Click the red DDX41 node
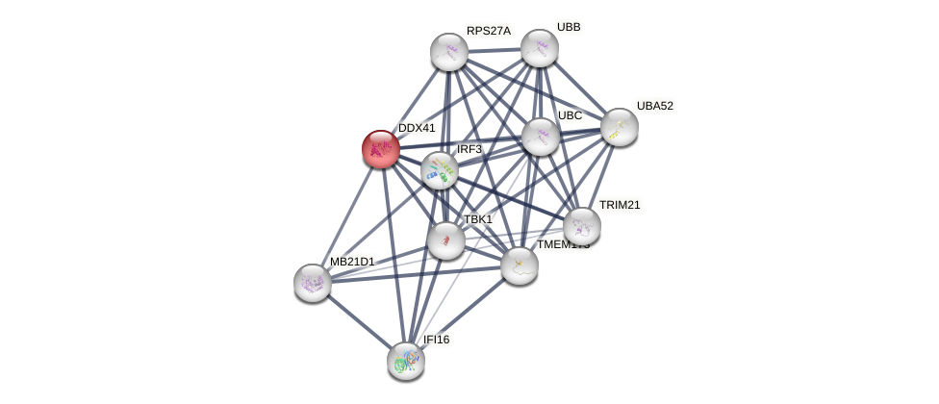click(x=381, y=149)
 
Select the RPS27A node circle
click(x=449, y=52)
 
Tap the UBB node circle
click(x=540, y=48)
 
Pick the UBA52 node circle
click(x=620, y=127)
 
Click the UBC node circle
click(x=541, y=137)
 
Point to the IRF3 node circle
click(x=440, y=170)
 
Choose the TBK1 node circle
click(x=446, y=240)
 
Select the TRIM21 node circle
click(x=582, y=226)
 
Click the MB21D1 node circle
click(x=313, y=283)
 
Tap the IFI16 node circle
click(x=406, y=361)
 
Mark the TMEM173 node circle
click(x=520, y=265)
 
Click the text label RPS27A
click(x=489, y=31)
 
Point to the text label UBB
click(x=569, y=27)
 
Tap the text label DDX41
click(x=417, y=128)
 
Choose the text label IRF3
click(x=469, y=149)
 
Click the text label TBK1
click(x=478, y=219)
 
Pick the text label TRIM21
click(x=620, y=205)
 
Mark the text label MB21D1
click(x=352, y=262)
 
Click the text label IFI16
click(x=436, y=340)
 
